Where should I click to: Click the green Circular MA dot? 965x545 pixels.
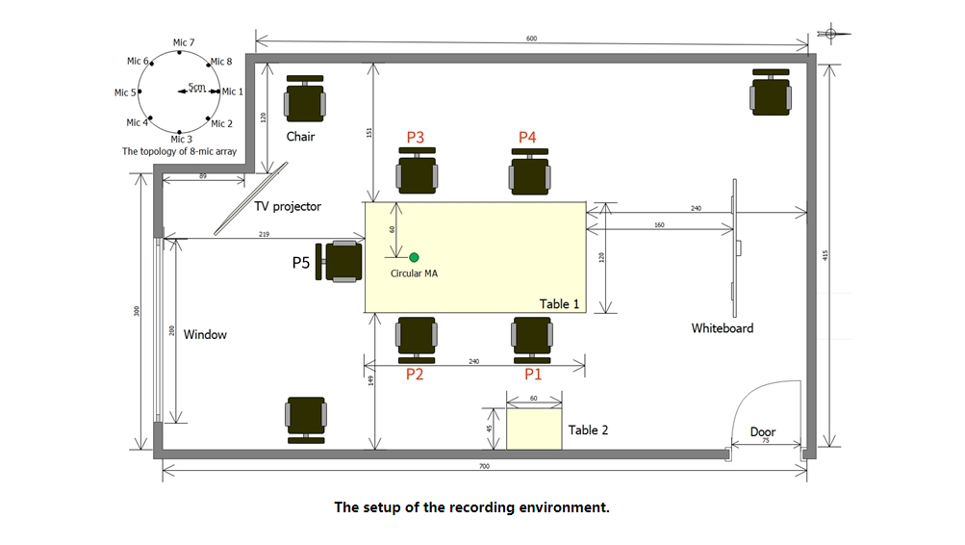point(414,257)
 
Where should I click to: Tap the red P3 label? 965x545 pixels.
point(416,138)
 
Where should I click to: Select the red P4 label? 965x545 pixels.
point(527,138)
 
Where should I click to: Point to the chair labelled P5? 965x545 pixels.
point(342,261)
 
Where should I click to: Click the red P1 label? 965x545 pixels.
point(533,375)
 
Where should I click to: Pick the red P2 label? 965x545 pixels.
point(415,375)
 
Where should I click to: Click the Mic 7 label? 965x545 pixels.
point(184,42)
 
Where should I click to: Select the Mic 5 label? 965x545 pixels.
point(125,93)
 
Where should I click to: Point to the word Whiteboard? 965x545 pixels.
point(723,328)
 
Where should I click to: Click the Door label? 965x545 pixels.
point(763,432)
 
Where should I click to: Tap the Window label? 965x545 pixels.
point(205,335)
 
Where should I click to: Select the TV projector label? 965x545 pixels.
point(288,207)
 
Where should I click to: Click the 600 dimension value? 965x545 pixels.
point(532,39)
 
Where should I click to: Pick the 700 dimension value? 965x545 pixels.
point(484,466)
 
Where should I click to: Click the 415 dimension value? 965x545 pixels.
point(826,256)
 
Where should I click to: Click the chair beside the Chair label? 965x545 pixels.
point(305,99)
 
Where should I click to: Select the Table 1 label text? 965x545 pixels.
point(560,304)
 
